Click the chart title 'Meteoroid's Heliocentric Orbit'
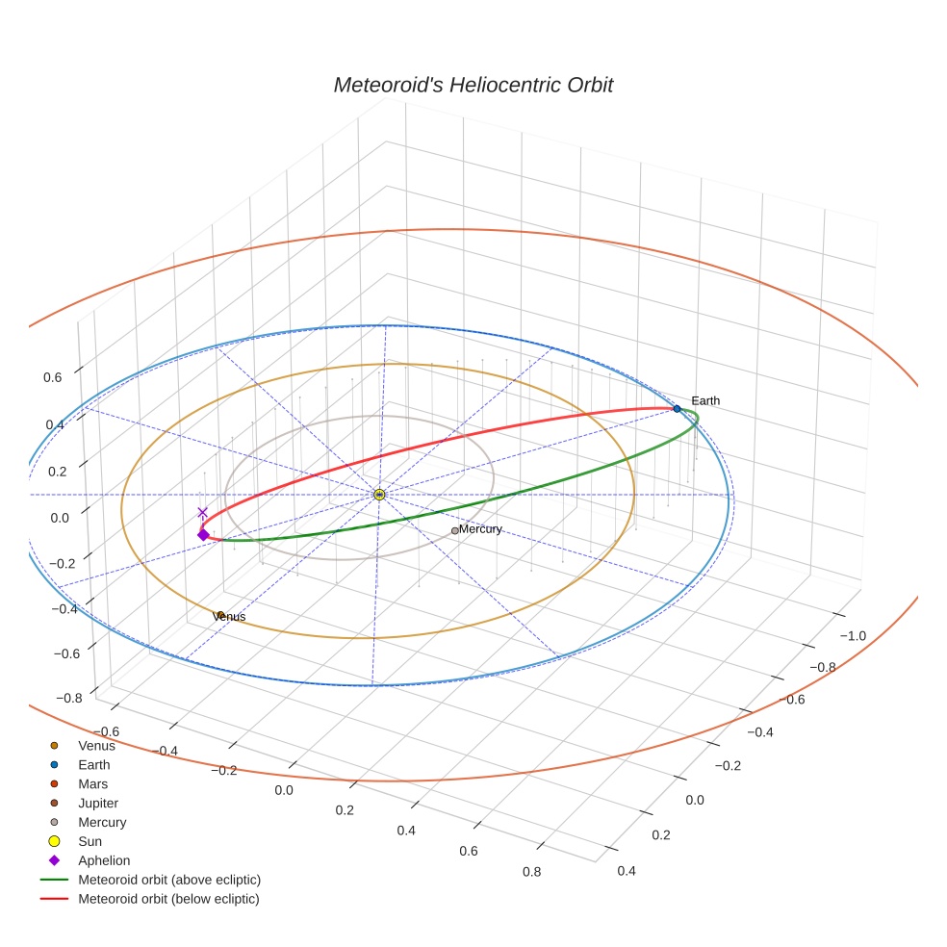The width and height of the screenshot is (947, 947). point(473,85)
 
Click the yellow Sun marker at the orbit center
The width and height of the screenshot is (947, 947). point(379,494)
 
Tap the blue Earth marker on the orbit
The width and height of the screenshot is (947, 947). point(677,409)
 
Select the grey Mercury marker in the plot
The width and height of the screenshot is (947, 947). point(455,530)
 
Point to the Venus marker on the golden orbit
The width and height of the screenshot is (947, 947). point(220,615)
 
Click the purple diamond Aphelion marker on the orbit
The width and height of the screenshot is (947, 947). point(203,534)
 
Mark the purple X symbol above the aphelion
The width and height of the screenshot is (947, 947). point(202,513)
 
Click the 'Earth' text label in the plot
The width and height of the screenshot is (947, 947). point(705,400)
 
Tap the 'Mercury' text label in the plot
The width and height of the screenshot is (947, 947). point(480,529)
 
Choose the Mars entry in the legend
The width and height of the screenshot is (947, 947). point(92,783)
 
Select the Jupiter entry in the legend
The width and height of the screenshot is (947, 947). point(98,803)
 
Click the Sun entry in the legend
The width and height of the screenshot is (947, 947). point(90,841)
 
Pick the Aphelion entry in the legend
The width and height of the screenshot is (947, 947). point(103,860)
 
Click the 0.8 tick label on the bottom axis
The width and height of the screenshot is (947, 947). point(530,872)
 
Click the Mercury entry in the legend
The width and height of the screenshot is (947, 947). point(101,822)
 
